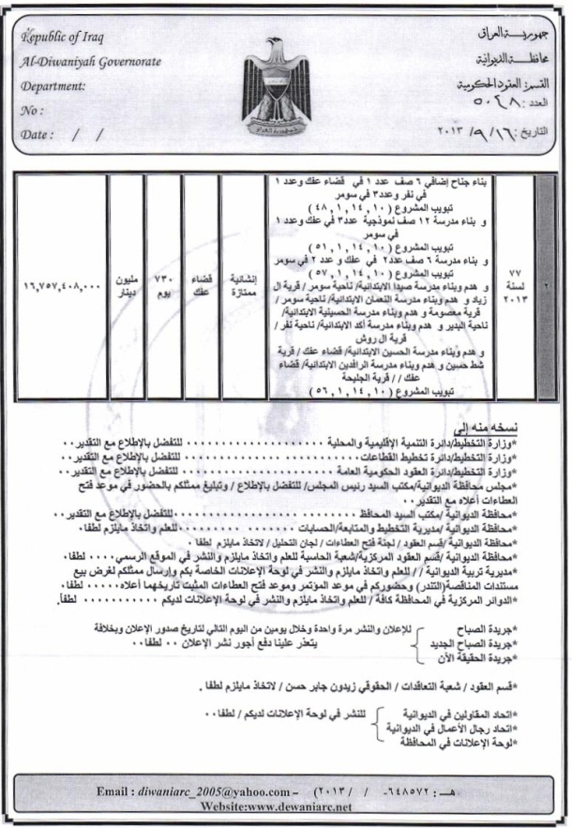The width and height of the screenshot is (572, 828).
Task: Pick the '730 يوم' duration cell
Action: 164,279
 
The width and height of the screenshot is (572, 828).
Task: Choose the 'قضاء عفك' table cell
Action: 200,279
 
